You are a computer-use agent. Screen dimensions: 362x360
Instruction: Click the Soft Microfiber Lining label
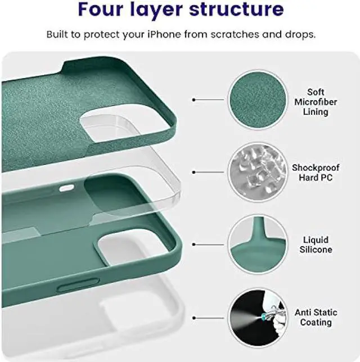(x=316, y=102)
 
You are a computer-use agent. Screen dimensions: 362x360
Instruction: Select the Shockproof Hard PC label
(x=316, y=173)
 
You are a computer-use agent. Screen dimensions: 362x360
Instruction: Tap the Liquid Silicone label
(x=316, y=245)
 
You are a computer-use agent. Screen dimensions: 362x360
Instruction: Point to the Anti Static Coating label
(x=316, y=317)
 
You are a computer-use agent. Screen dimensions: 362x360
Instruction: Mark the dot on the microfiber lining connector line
(x=194, y=99)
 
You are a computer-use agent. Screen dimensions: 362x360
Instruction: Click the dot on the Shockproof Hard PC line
(x=194, y=173)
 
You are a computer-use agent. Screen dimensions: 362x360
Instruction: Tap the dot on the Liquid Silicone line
(x=194, y=245)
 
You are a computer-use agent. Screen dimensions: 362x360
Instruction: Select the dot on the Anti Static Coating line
(x=194, y=317)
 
